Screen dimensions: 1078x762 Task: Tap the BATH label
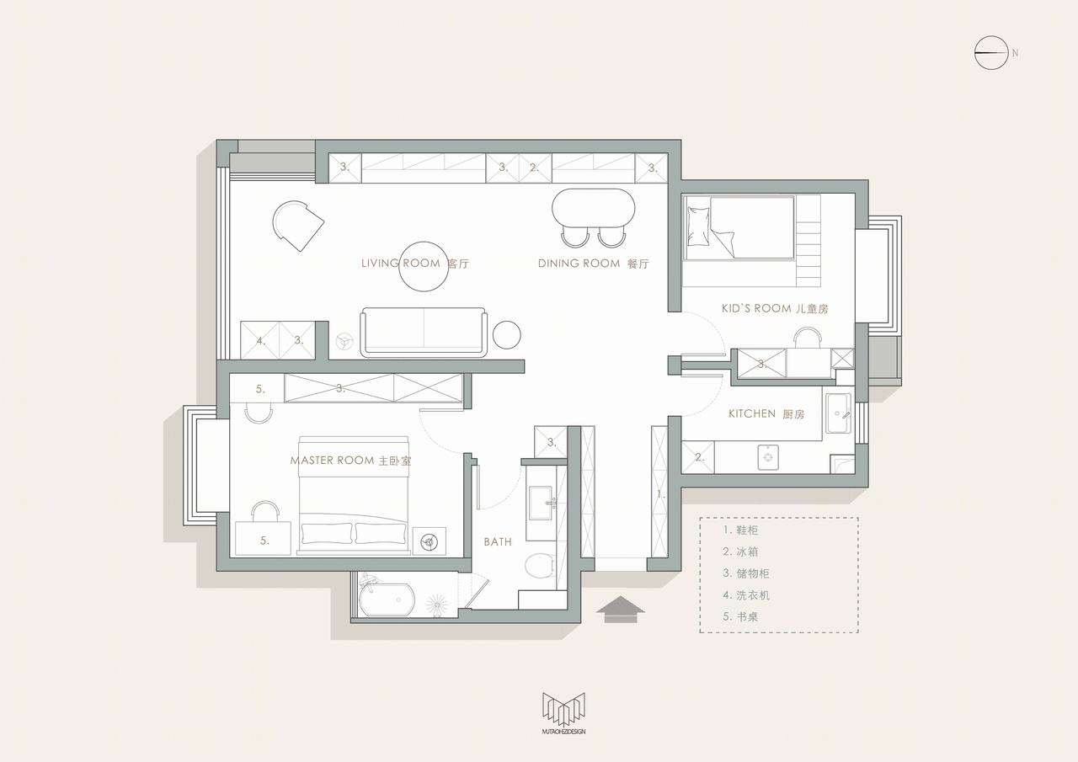(x=498, y=542)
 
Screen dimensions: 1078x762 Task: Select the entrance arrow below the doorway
(x=621, y=610)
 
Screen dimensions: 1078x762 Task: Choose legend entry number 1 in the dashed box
(x=740, y=530)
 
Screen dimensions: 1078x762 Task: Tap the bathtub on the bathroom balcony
(x=387, y=599)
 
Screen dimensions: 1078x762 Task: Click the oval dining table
(x=593, y=207)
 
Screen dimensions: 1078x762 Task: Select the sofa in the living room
(x=424, y=333)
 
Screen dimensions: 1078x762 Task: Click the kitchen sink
(x=838, y=413)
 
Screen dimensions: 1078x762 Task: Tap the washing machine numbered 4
(x=260, y=341)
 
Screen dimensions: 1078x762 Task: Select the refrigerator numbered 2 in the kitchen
(x=698, y=457)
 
